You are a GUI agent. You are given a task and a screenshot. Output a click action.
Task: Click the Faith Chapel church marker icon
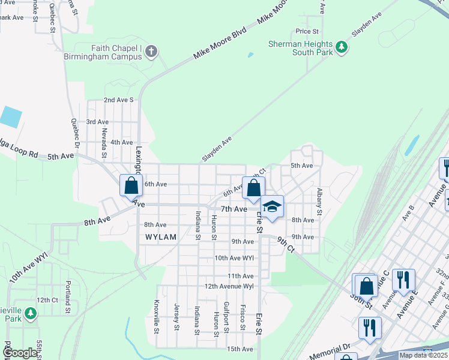[x=151, y=51]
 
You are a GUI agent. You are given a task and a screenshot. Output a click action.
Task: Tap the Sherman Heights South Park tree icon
[x=342, y=47]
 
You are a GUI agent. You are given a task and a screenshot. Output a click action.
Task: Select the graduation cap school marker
[x=272, y=207]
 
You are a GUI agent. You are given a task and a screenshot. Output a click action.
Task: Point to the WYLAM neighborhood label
[x=161, y=237]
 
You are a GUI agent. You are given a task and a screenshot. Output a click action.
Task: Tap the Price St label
[x=306, y=31]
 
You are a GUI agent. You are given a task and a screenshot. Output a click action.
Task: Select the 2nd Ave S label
[x=118, y=100]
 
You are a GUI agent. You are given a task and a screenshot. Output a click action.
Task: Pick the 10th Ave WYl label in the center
[x=235, y=258]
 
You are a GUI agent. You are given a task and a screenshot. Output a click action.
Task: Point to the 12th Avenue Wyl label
[x=230, y=286]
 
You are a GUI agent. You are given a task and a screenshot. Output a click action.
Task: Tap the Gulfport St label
[x=226, y=316]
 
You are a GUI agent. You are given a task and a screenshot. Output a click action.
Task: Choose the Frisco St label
[x=243, y=316]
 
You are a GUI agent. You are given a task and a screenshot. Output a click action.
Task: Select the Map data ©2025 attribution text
[x=423, y=356]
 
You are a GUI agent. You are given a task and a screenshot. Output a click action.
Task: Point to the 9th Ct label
[x=286, y=243]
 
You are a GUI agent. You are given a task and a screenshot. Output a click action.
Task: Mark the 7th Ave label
[x=234, y=209]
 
